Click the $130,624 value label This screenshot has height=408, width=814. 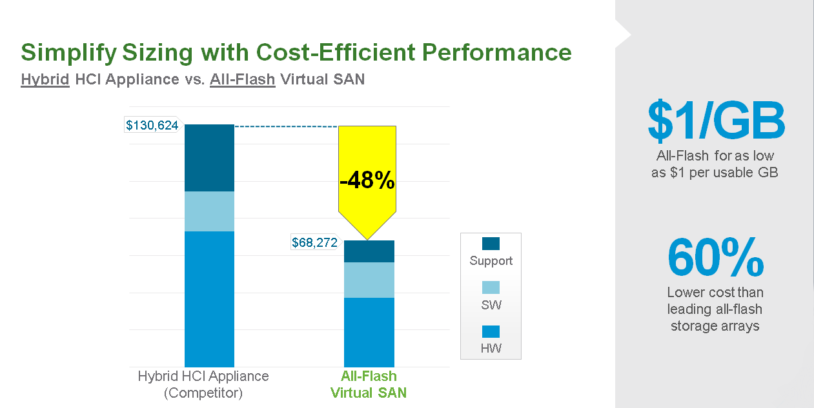(x=152, y=125)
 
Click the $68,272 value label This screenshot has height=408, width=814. (x=315, y=243)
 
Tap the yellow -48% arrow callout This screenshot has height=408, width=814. (x=367, y=180)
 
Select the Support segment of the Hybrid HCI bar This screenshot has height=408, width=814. (x=209, y=158)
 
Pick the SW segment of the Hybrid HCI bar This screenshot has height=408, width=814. (x=209, y=211)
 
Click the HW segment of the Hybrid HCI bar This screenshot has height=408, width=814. (x=209, y=299)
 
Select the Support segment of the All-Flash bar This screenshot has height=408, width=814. (x=369, y=251)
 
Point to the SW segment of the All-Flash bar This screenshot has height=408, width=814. (x=369, y=280)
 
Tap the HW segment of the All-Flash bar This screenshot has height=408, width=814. (x=369, y=332)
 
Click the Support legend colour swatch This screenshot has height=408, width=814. (x=491, y=244)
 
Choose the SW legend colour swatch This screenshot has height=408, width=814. (x=491, y=287)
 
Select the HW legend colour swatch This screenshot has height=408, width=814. (x=491, y=332)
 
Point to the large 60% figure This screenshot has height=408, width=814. (x=715, y=258)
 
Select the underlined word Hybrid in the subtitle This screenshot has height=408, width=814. (x=45, y=80)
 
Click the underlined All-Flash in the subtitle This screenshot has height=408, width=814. (x=243, y=80)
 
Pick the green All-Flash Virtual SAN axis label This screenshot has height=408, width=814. (x=369, y=384)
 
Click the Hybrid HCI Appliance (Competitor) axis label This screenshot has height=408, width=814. (x=203, y=384)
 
